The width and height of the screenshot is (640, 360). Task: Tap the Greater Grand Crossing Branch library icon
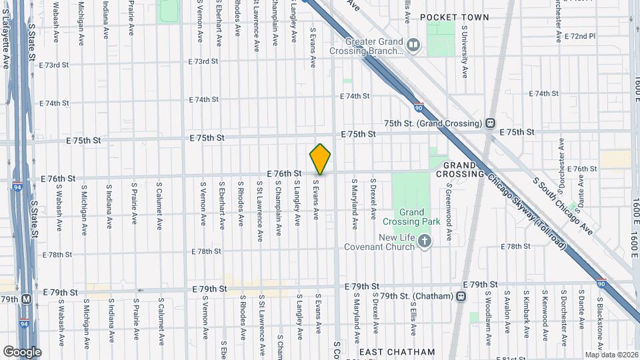(x=414, y=45)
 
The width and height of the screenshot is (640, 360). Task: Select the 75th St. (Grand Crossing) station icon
(x=491, y=123)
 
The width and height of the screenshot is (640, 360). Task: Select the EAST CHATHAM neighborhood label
(x=397, y=351)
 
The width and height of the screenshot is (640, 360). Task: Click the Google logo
(x=21, y=351)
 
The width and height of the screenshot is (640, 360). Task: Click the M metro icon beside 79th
(x=27, y=299)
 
